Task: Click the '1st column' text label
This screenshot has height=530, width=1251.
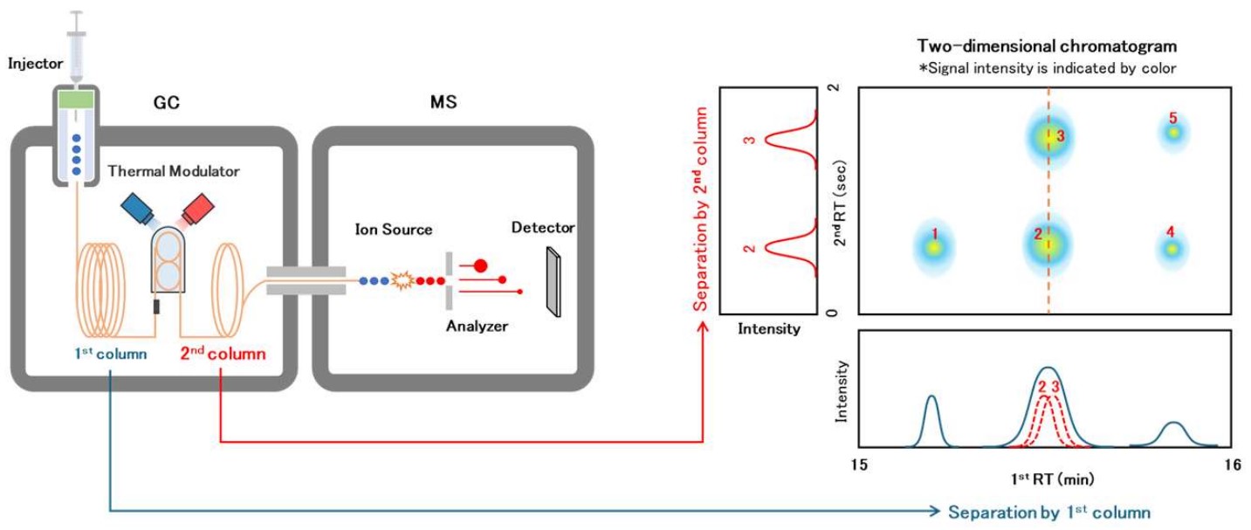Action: (x=111, y=354)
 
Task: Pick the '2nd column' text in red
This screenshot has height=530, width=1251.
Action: (x=223, y=354)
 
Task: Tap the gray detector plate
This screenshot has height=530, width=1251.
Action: (x=553, y=279)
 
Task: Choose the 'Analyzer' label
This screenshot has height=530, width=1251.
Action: (x=477, y=327)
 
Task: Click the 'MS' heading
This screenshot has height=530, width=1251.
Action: (x=443, y=103)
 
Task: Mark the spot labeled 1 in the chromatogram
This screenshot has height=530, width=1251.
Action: (x=934, y=247)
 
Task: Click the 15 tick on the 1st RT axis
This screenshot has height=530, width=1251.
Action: (x=859, y=465)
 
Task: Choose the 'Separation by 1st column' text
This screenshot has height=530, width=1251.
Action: (x=1049, y=513)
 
